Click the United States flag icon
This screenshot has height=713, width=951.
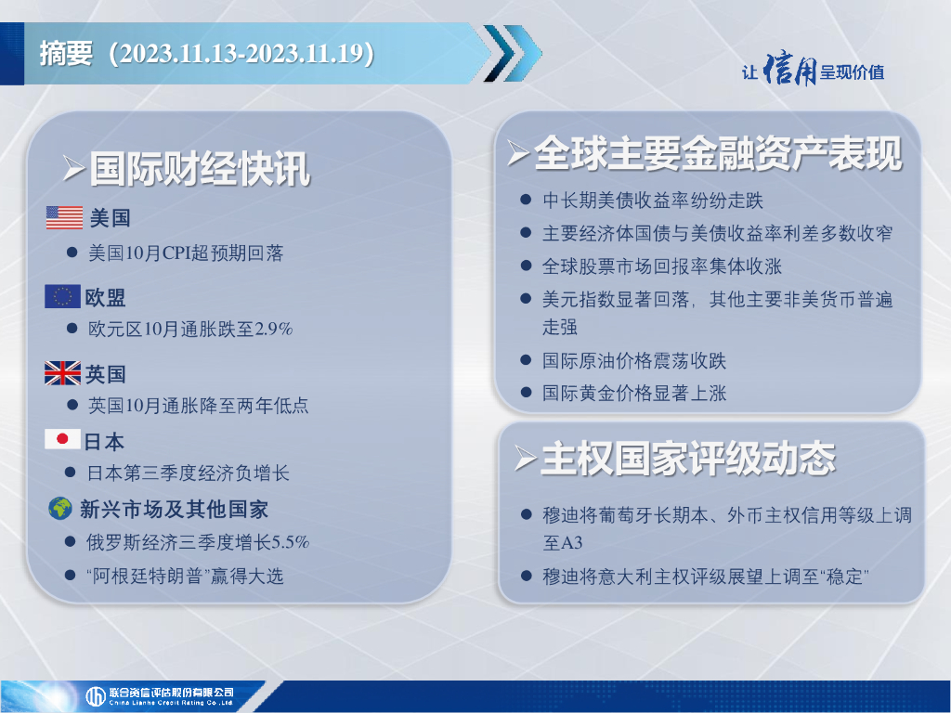pyautogui.click(x=64, y=217)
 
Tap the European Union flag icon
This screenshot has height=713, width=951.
pyautogui.click(x=62, y=296)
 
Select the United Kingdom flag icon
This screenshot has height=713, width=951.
pyautogui.click(x=62, y=373)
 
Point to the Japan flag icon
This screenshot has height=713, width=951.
pyautogui.click(x=62, y=439)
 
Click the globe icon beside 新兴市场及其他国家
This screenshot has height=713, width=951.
pyautogui.click(x=60, y=508)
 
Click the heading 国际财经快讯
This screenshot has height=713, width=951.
pyautogui.click(x=201, y=169)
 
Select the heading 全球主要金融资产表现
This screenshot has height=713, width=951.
pyautogui.click(x=718, y=153)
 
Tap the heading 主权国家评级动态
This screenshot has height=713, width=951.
pyautogui.click(x=688, y=459)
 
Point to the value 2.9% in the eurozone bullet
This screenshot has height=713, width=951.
pyautogui.click(x=274, y=329)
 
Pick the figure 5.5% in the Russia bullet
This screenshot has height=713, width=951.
pyautogui.click(x=290, y=541)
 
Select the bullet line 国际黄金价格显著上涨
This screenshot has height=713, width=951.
pyautogui.click(x=634, y=393)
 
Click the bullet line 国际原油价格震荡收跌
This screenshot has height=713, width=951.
pyautogui.click(x=634, y=361)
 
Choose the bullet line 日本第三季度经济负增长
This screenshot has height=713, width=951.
pyautogui.click(x=188, y=473)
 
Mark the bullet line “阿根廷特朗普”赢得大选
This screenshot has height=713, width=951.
pyautogui.click(x=185, y=576)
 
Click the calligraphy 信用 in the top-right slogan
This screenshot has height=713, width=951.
pyautogui.click(x=789, y=69)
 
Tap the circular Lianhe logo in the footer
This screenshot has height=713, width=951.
pyautogui.click(x=96, y=696)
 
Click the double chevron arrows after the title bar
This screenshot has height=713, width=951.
pyautogui.click(x=513, y=53)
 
